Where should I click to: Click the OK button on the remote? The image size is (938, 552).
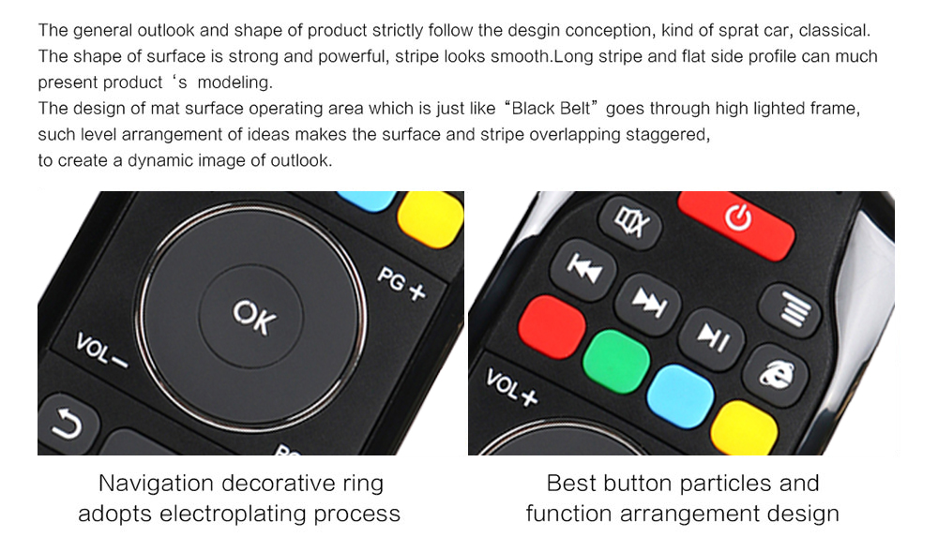pyautogui.click(x=251, y=316)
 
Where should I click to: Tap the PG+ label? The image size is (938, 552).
pyautogui.click(x=401, y=284)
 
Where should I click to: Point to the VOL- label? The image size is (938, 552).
pyautogui.click(x=100, y=351)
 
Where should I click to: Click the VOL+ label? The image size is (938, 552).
pyautogui.click(x=511, y=387)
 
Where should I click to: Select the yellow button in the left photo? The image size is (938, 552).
pyautogui.click(x=431, y=218)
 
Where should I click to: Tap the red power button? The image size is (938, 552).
pyautogui.click(x=736, y=222)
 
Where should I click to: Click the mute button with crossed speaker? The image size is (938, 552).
pyautogui.click(x=630, y=222)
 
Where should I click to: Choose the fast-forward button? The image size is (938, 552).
pyautogui.click(x=648, y=303)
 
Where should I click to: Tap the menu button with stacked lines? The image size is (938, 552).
pyautogui.click(x=790, y=308)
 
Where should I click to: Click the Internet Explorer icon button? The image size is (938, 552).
pyautogui.click(x=777, y=375)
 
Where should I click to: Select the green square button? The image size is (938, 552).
pyautogui.click(x=616, y=362)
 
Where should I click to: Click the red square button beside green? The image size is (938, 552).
pyautogui.click(x=552, y=327)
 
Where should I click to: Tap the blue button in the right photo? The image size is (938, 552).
pyautogui.click(x=681, y=396)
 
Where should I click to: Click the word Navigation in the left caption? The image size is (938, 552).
pyautogui.click(x=156, y=484)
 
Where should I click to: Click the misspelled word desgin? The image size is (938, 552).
pyautogui.click(x=535, y=31)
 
